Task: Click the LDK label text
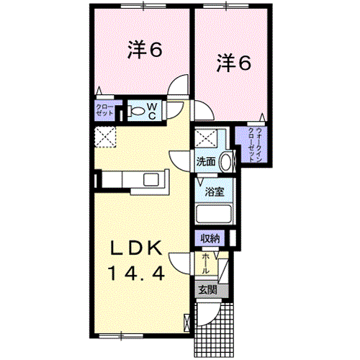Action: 136,248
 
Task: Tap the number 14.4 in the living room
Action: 137,274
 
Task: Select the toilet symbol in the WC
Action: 136,111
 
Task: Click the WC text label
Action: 152,111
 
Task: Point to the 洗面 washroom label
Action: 206,162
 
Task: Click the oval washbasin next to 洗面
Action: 226,162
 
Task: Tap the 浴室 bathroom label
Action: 215,192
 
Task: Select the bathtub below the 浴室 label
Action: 214,214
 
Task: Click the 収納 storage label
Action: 210,238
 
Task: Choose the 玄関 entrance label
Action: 208,290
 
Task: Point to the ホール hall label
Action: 205,264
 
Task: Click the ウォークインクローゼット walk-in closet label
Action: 254,145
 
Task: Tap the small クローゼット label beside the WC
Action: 104,110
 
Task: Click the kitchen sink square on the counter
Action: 151,180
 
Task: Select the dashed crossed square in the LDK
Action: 105,137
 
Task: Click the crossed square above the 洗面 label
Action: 206,138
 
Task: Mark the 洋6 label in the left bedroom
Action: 145,50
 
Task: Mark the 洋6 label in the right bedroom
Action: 234,63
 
